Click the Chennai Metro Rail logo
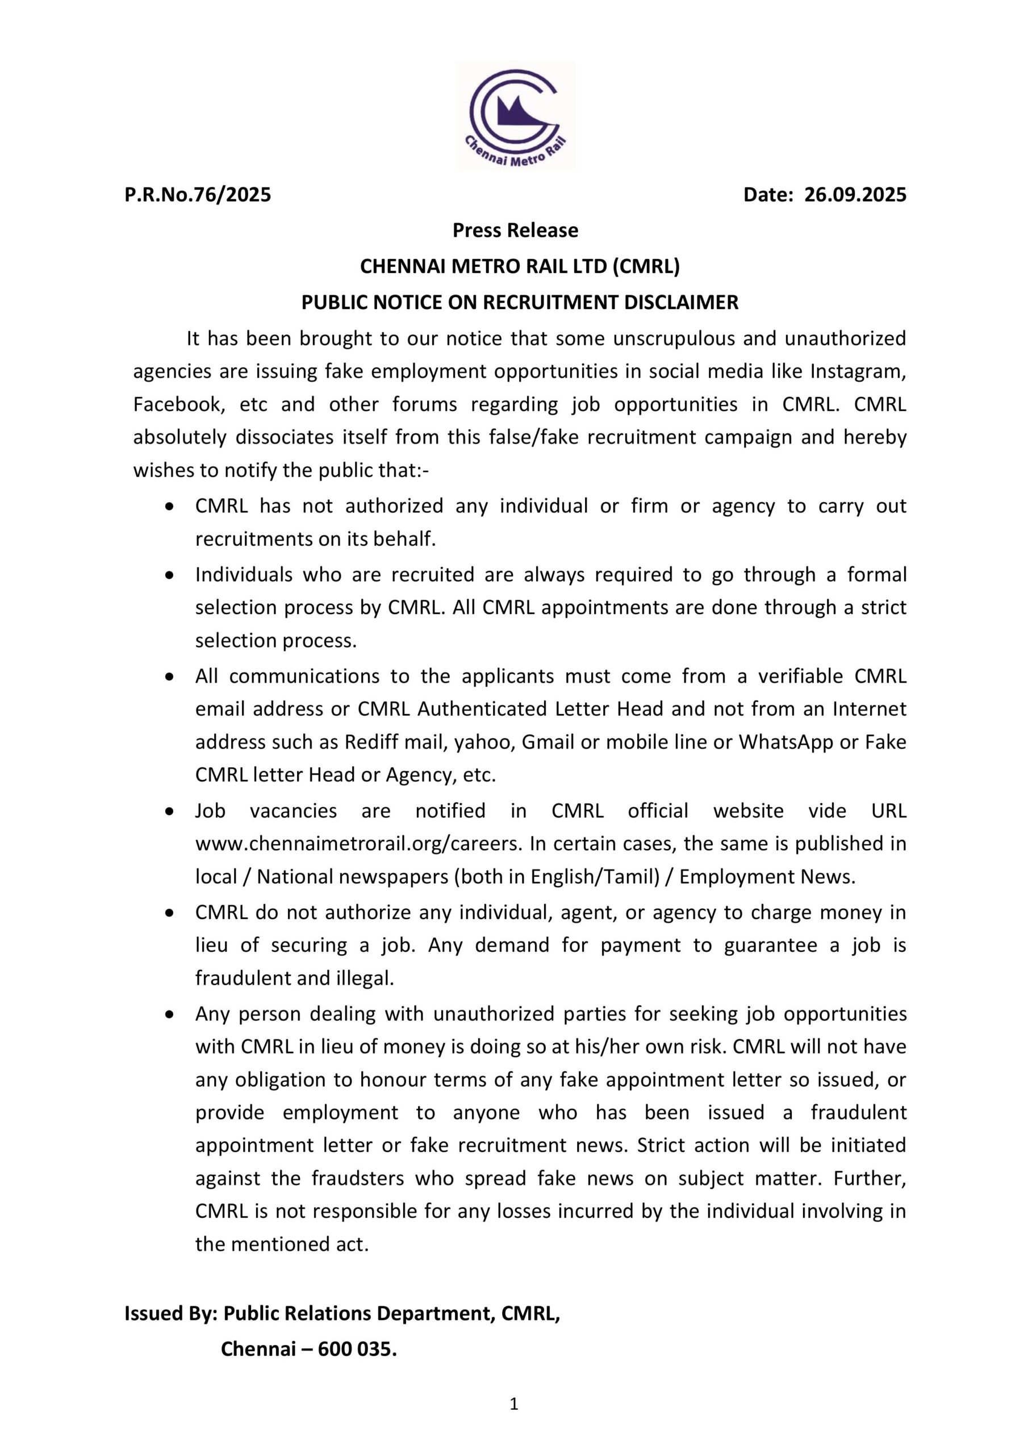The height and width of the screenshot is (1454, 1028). coord(515,116)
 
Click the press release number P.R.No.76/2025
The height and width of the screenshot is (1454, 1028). coord(198,194)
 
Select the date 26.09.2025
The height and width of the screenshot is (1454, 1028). coord(855,194)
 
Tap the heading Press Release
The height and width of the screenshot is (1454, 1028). coord(515,231)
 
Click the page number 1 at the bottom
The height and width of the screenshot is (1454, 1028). coord(513,1422)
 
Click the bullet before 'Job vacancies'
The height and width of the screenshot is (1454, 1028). coord(169,810)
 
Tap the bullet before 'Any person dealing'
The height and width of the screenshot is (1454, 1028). coord(169,1014)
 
